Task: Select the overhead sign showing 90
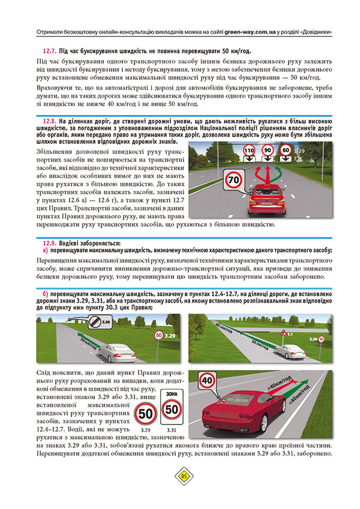[x=268, y=150]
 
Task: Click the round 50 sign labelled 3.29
[x=145, y=412]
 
